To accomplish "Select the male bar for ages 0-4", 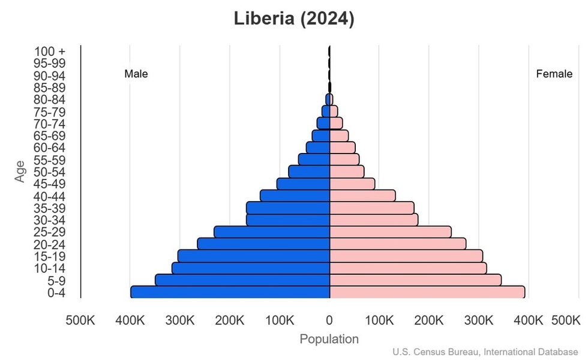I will (230, 292).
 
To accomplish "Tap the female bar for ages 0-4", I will (427, 292).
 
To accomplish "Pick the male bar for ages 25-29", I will (272, 232).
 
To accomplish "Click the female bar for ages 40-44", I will (362, 196).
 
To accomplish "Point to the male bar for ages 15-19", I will (254, 256).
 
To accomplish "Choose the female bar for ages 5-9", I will (415, 280).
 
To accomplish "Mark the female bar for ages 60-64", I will (343, 148).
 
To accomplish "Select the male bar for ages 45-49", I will (304, 184).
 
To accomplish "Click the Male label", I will (136, 74).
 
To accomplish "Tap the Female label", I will (554, 74).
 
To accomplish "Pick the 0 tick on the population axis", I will (329, 320).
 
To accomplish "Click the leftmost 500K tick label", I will (80, 320).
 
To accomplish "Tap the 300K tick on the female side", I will (479, 320).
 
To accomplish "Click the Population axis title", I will (329, 339).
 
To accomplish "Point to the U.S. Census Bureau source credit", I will (486, 352).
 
